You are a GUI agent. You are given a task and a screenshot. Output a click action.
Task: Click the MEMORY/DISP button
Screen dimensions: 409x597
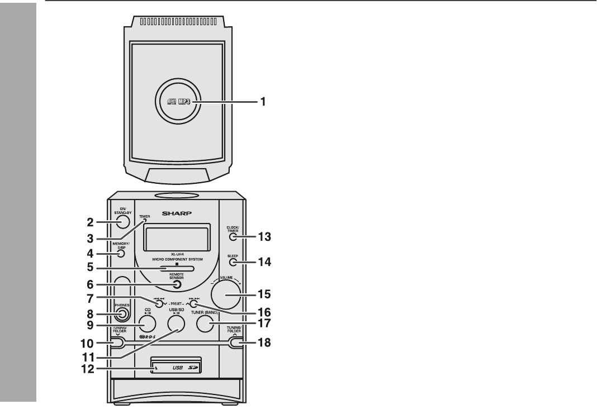pos(121,254)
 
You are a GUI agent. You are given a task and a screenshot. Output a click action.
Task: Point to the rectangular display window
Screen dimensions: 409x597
pos(177,237)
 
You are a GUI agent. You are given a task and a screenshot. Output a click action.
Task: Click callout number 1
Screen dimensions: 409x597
pos(259,103)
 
